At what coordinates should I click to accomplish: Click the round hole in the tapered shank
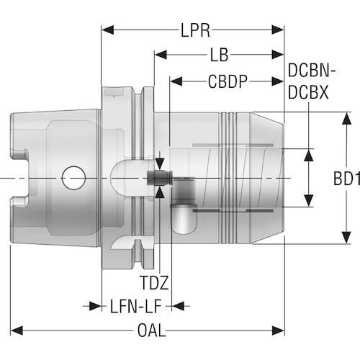[x=73, y=176]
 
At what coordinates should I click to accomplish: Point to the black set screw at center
[x=154, y=177]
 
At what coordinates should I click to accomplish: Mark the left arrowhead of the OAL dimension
[x=16, y=330]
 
